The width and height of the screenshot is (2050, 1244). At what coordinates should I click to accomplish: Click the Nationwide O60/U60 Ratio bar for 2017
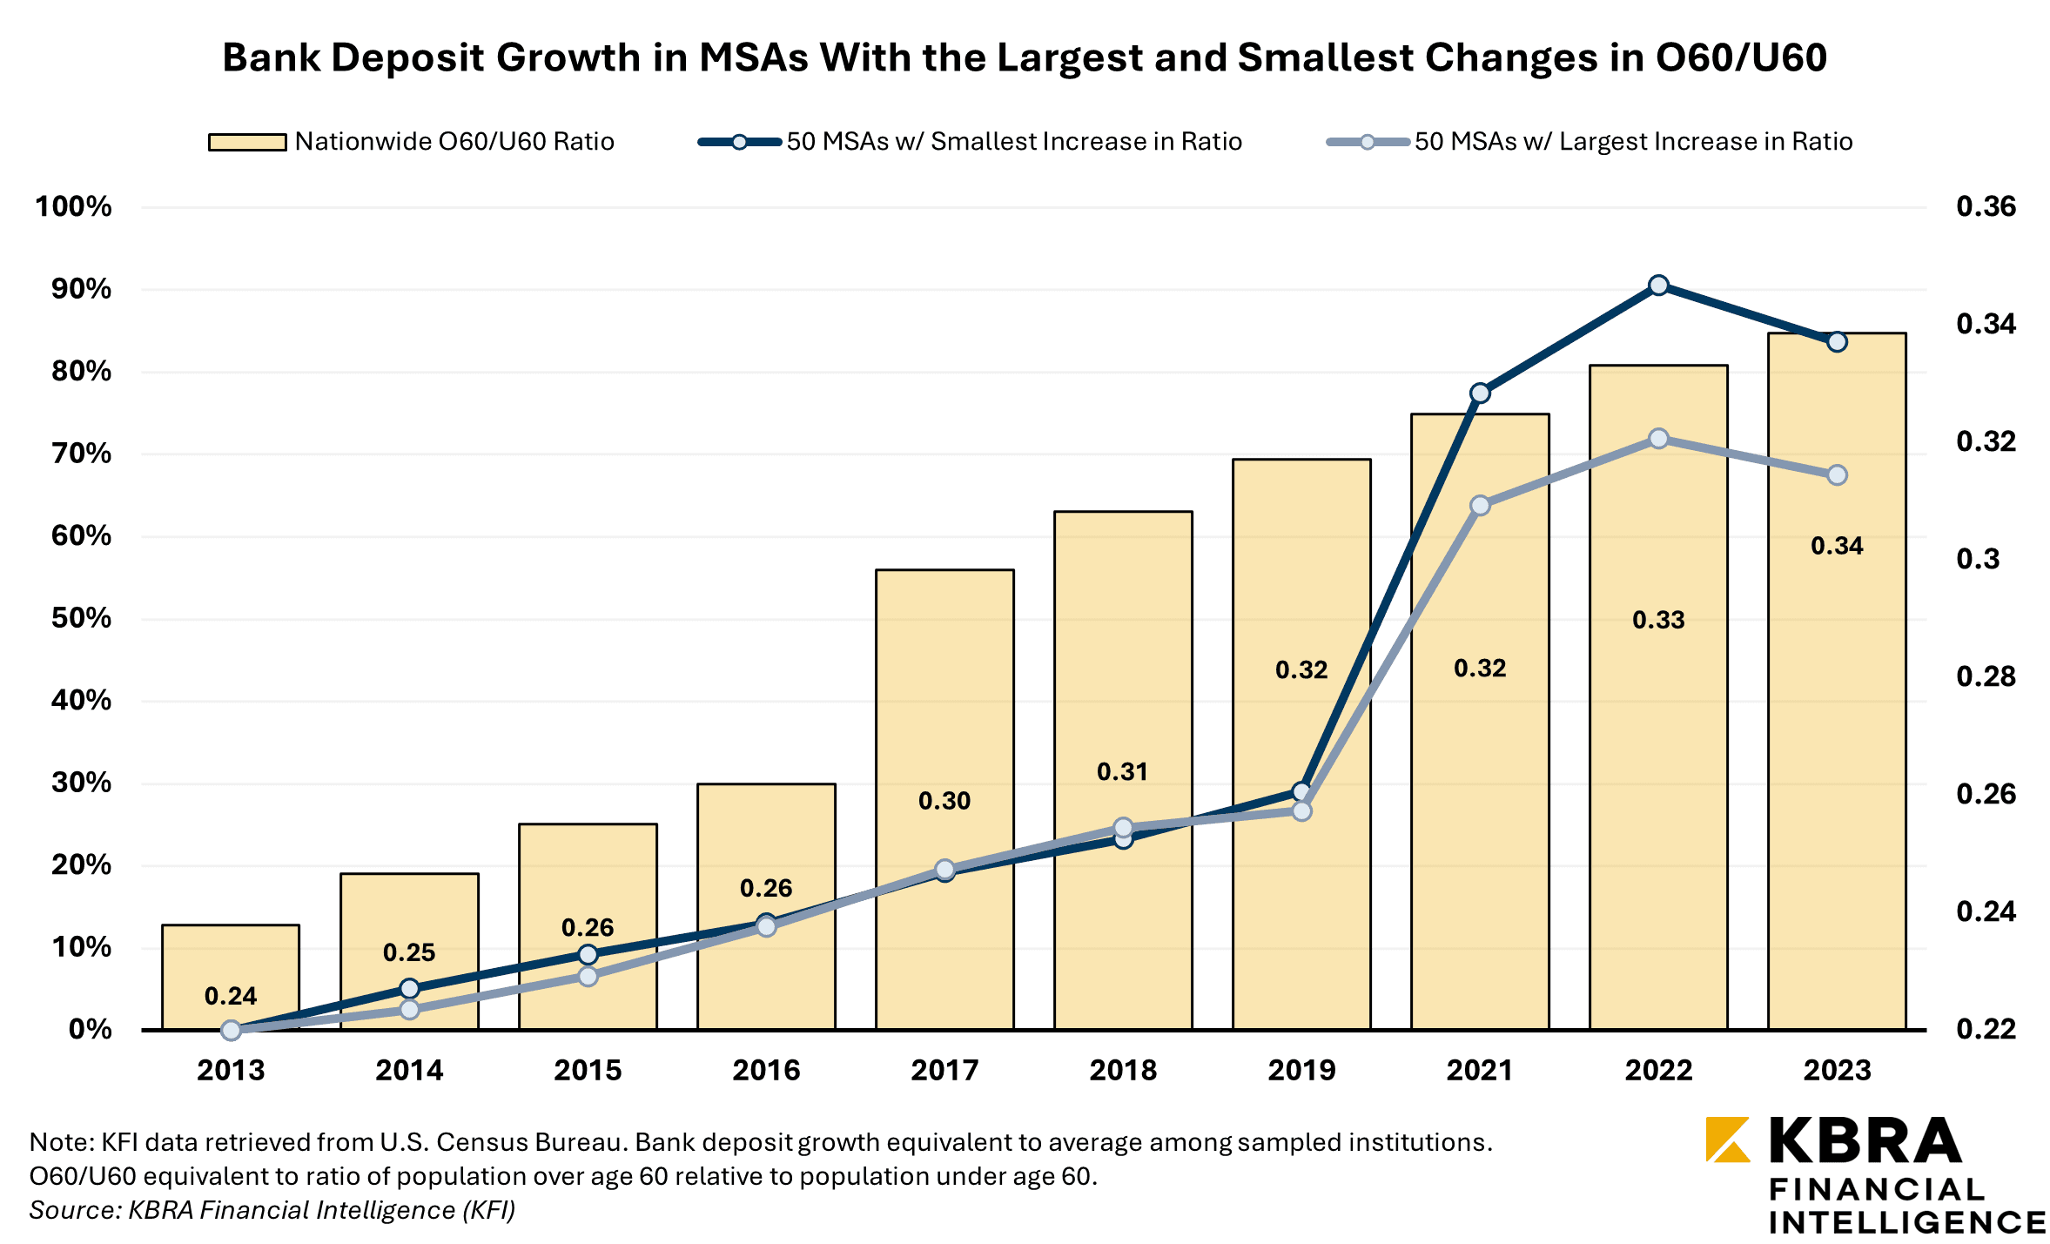point(944,696)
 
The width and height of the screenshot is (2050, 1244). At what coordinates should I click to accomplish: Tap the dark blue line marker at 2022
point(1658,286)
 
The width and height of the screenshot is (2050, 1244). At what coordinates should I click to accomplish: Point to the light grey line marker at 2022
point(1658,439)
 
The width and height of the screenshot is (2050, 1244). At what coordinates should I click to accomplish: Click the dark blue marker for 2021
point(1480,393)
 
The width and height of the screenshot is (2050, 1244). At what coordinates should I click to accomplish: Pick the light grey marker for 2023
point(1837,475)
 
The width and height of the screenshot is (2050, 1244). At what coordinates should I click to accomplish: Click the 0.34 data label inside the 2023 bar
point(1837,546)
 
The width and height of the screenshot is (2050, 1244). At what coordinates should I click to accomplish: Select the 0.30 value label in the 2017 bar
point(944,801)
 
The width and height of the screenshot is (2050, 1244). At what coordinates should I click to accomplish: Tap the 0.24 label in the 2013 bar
point(231,996)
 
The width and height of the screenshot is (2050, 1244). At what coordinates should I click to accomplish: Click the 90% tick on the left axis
point(81,289)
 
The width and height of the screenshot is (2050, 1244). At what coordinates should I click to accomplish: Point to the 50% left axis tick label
point(81,618)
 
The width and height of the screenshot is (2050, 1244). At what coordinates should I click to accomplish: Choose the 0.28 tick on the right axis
point(1985,676)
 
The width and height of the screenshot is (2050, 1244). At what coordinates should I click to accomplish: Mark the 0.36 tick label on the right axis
point(1985,206)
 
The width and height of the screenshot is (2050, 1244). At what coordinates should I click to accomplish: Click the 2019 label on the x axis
point(1301,1070)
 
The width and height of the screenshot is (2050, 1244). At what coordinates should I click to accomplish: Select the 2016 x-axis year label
point(766,1070)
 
